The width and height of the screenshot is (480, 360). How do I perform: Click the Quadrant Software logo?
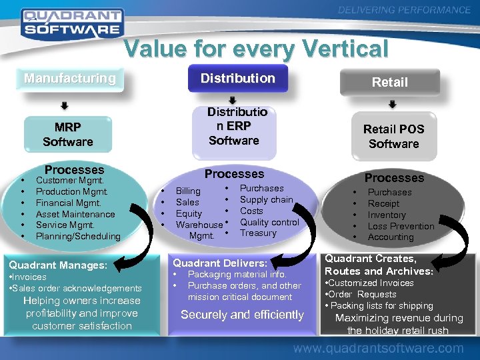tap(71, 22)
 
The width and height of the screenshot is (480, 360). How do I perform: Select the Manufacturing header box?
tap(70, 79)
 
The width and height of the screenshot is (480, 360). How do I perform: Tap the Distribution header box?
tap(238, 78)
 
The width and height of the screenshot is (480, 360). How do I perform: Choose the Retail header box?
tap(389, 82)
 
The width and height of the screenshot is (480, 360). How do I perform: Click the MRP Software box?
tap(67, 135)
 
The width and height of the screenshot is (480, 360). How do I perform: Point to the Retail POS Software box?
tap(393, 137)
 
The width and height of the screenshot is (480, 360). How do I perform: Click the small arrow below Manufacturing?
tap(65, 105)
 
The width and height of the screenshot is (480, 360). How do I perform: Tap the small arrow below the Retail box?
tap(393, 105)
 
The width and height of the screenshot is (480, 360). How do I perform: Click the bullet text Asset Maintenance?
tap(75, 214)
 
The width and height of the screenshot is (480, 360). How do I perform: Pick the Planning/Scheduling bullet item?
tap(78, 236)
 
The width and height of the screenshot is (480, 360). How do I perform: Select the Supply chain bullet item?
tap(266, 199)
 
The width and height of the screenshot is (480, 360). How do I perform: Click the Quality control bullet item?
tap(269, 222)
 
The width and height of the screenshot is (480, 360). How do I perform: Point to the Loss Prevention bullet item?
tap(401, 226)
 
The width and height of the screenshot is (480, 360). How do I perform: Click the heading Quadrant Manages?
tap(58, 265)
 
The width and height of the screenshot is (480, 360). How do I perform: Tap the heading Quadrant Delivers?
tap(220, 263)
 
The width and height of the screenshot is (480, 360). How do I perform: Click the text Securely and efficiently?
tap(242, 315)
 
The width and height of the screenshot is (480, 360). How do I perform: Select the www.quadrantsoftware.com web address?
tap(378, 348)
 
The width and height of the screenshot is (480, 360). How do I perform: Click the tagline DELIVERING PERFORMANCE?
tap(404, 10)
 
